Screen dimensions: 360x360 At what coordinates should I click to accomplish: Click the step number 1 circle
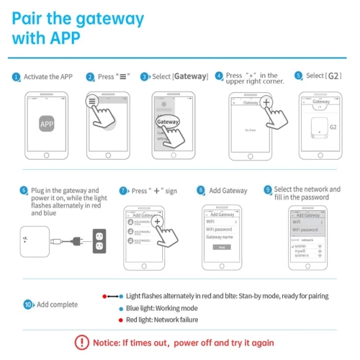[17, 76]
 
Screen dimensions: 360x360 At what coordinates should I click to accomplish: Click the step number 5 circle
[298, 76]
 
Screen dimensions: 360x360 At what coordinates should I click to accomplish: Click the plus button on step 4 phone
[266, 103]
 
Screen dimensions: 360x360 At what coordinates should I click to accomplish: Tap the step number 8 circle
[201, 191]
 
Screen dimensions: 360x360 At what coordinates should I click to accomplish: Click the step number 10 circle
[28, 305]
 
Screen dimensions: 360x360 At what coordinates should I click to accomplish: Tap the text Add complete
[57, 305]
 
